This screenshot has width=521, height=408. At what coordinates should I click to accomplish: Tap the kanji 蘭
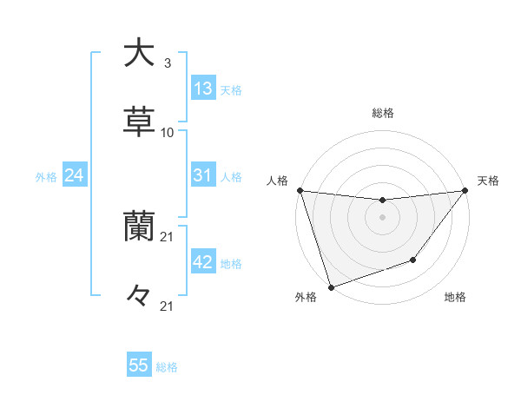point(139,227)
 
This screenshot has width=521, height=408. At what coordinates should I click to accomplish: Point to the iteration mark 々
point(139,296)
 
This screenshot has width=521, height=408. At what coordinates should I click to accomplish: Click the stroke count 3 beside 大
point(167,63)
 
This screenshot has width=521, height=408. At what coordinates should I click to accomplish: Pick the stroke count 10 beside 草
point(168,133)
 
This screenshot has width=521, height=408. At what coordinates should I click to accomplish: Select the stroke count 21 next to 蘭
point(168,237)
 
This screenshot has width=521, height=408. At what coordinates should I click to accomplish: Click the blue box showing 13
point(203,88)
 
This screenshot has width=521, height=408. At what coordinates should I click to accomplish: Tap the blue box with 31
point(203,175)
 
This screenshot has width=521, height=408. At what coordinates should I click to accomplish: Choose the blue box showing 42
point(203,262)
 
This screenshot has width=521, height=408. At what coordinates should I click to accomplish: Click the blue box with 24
point(75,175)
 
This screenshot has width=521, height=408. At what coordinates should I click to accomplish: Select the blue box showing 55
point(139,365)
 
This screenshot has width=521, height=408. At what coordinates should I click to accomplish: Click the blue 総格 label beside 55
point(168,367)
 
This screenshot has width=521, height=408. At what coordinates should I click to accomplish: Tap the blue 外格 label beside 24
point(46,177)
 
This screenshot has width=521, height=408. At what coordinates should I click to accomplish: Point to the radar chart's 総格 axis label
point(382,113)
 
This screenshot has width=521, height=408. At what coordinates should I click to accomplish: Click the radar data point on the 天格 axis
point(465,190)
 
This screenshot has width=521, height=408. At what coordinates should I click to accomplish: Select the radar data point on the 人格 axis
point(300,190)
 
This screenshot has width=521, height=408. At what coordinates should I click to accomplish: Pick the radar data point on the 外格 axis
point(331,286)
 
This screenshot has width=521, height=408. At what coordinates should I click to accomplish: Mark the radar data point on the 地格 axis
point(413,260)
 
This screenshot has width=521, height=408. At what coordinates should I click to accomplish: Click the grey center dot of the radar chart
point(382,217)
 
